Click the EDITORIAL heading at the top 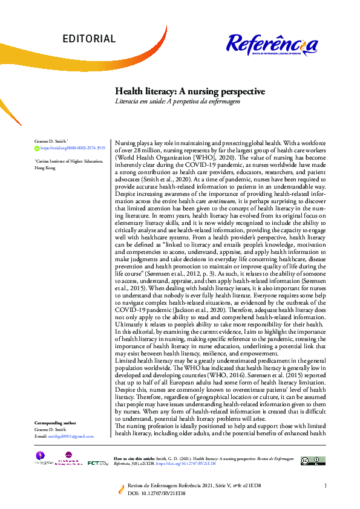[88, 39]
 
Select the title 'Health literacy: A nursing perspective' [190, 91]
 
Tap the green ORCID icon [36, 148]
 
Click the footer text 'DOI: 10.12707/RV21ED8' [156, 493]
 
